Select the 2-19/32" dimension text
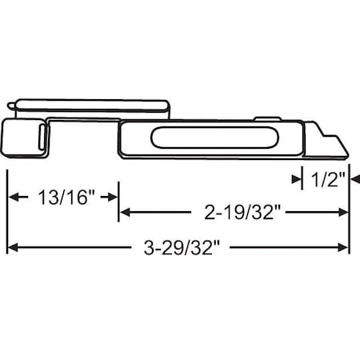pos(234,213)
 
